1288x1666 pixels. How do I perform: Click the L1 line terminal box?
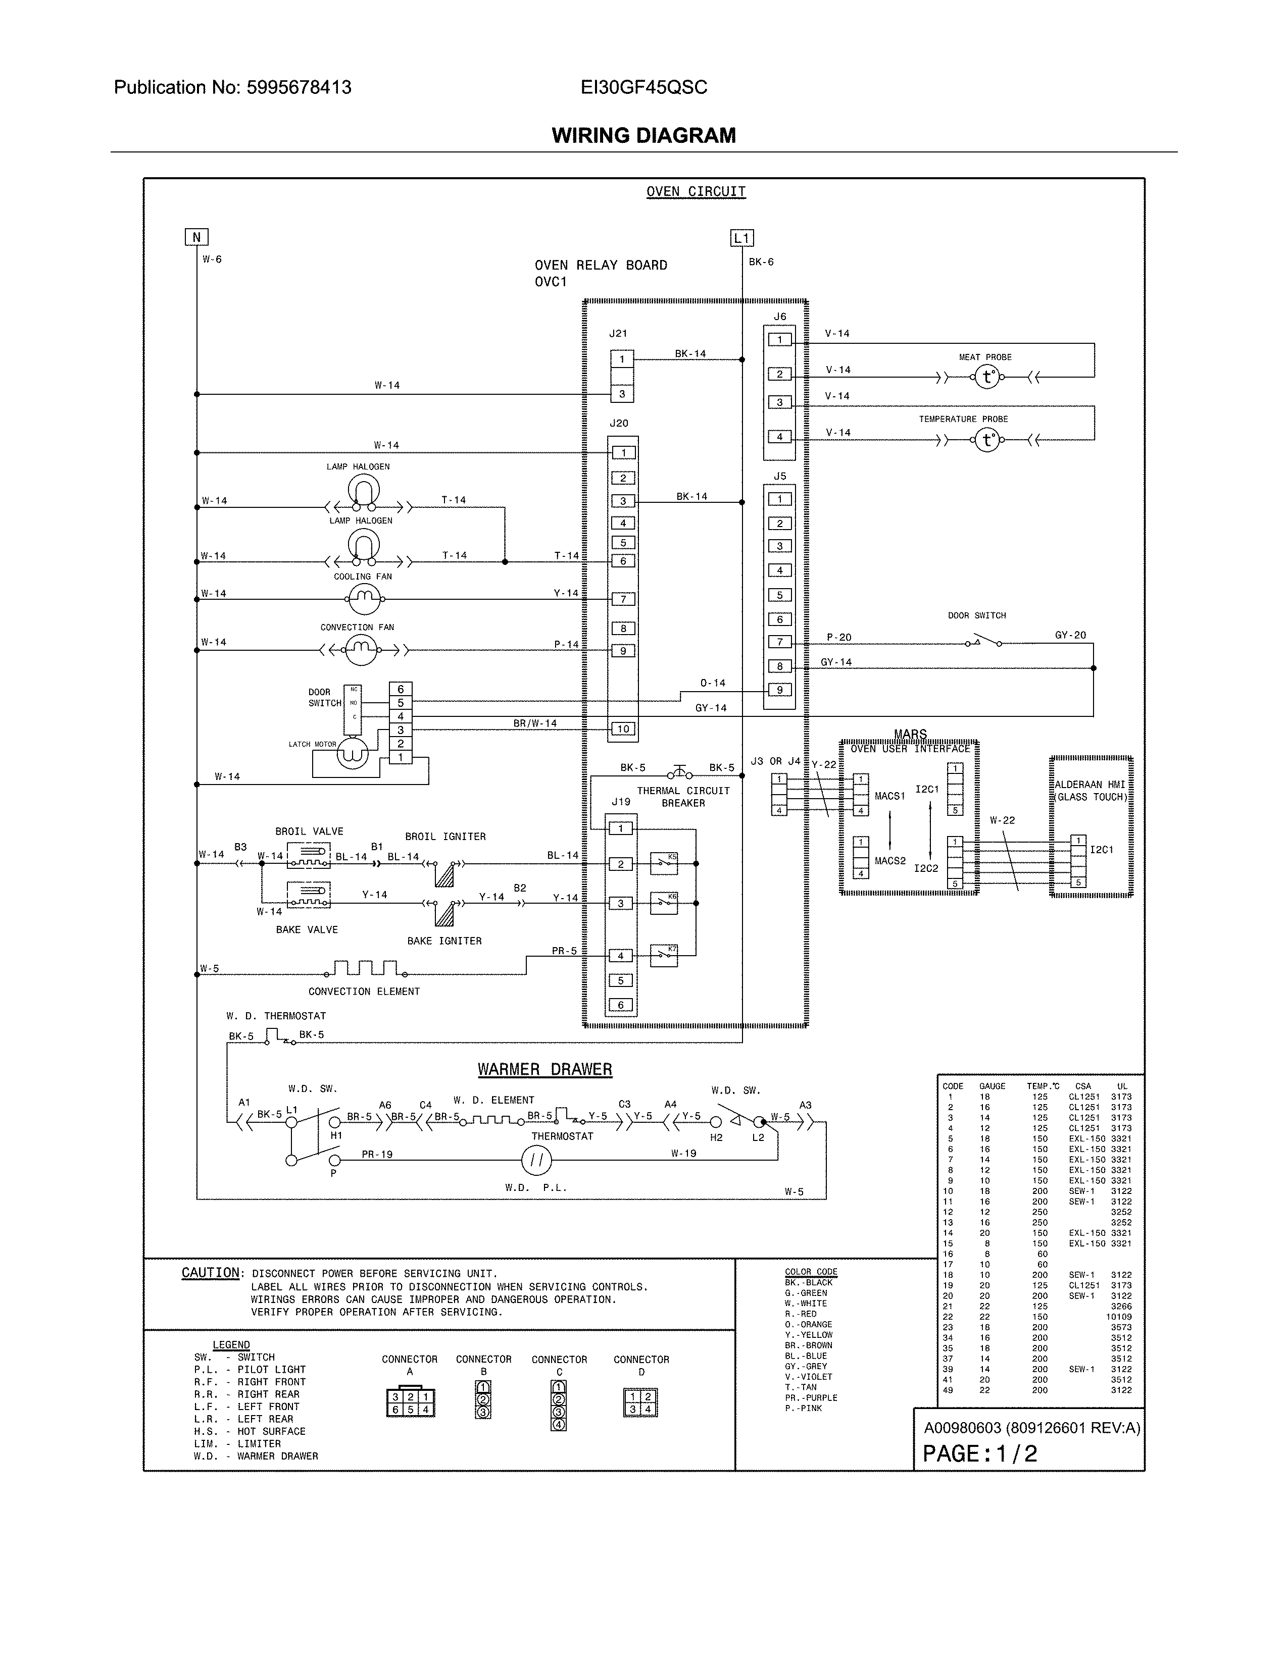pyautogui.click(x=741, y=238)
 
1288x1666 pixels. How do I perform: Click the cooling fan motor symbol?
pyautogui.click(x=364, y=600)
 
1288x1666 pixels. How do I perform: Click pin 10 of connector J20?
pyautogui.click(x=623, y=728)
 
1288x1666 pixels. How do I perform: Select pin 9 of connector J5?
pyautogui.click(x=779, y=690)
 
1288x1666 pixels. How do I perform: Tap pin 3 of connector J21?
pyautogui.click(x=622, y=394)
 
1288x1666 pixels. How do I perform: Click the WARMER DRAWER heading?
pyautogui.click(x=545, y=1069)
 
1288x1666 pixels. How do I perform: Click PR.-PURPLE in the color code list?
pyautogui.click(x=810, y=1397)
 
